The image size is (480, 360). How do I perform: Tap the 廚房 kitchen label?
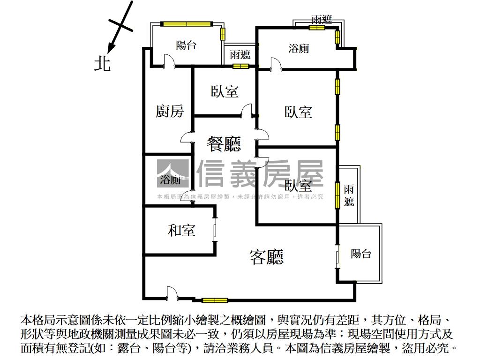169,112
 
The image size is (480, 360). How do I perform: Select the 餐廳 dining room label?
224,144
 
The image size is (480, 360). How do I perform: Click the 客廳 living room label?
267,256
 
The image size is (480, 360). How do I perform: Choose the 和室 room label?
181,230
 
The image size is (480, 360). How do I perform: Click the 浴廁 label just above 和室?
170,180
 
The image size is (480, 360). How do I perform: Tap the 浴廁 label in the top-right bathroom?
299,48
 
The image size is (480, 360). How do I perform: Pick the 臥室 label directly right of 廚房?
225,91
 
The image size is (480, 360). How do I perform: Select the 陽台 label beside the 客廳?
361,254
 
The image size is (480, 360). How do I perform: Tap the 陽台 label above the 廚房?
186,45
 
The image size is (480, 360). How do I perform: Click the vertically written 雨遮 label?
348,195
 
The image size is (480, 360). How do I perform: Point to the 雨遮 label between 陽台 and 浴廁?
240,54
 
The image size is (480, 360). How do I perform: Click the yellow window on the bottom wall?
215,300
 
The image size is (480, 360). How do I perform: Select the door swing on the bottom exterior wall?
172,294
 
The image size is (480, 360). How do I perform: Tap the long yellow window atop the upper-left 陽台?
186,23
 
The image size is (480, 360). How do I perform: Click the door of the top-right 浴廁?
275,65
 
